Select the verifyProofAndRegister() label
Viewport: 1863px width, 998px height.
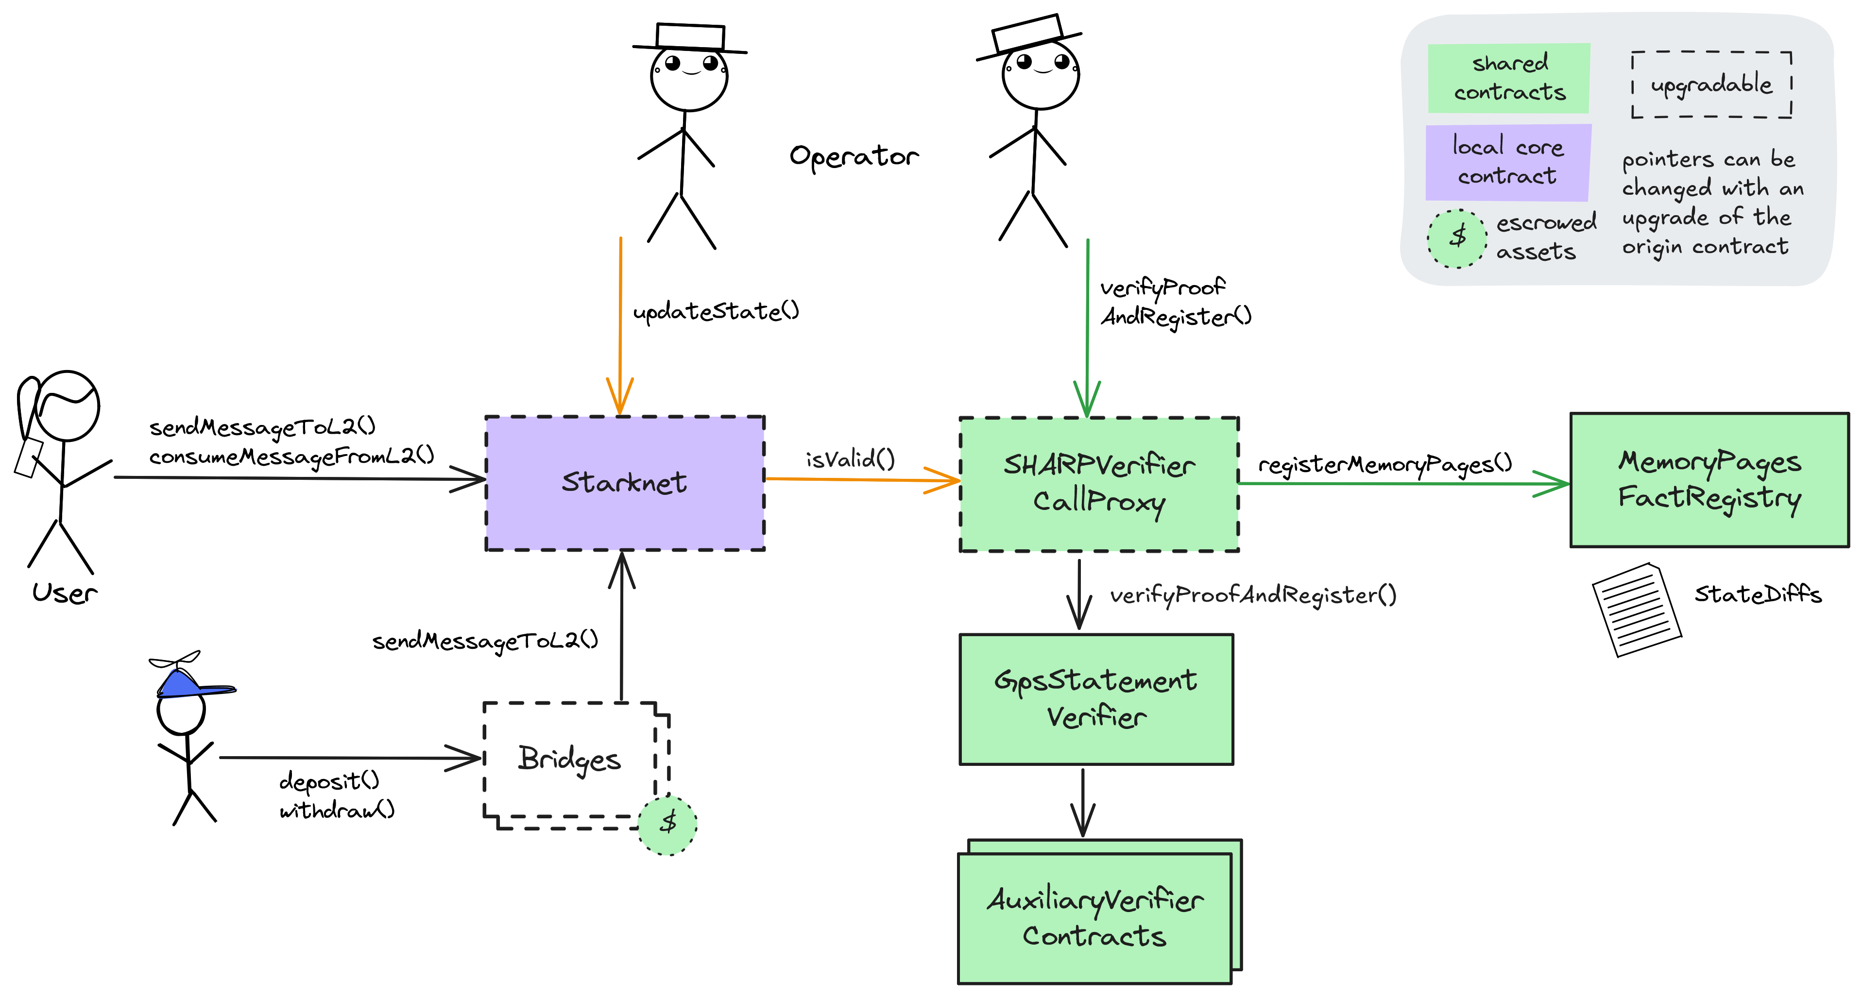click(1253, 595)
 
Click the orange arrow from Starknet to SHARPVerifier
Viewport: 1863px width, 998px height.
click(861, 479)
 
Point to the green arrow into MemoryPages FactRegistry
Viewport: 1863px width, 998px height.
click(1403, 483)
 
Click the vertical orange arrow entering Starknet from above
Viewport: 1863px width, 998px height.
click(620, 325)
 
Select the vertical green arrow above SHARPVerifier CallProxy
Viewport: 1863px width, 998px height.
click(1088, 325)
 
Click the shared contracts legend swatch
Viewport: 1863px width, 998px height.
click(1509, 78)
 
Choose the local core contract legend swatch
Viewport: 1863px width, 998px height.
click(1508, 162)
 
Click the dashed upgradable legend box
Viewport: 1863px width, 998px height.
click(1711, 85)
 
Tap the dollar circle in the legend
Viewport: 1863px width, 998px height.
click(1456, 238)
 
